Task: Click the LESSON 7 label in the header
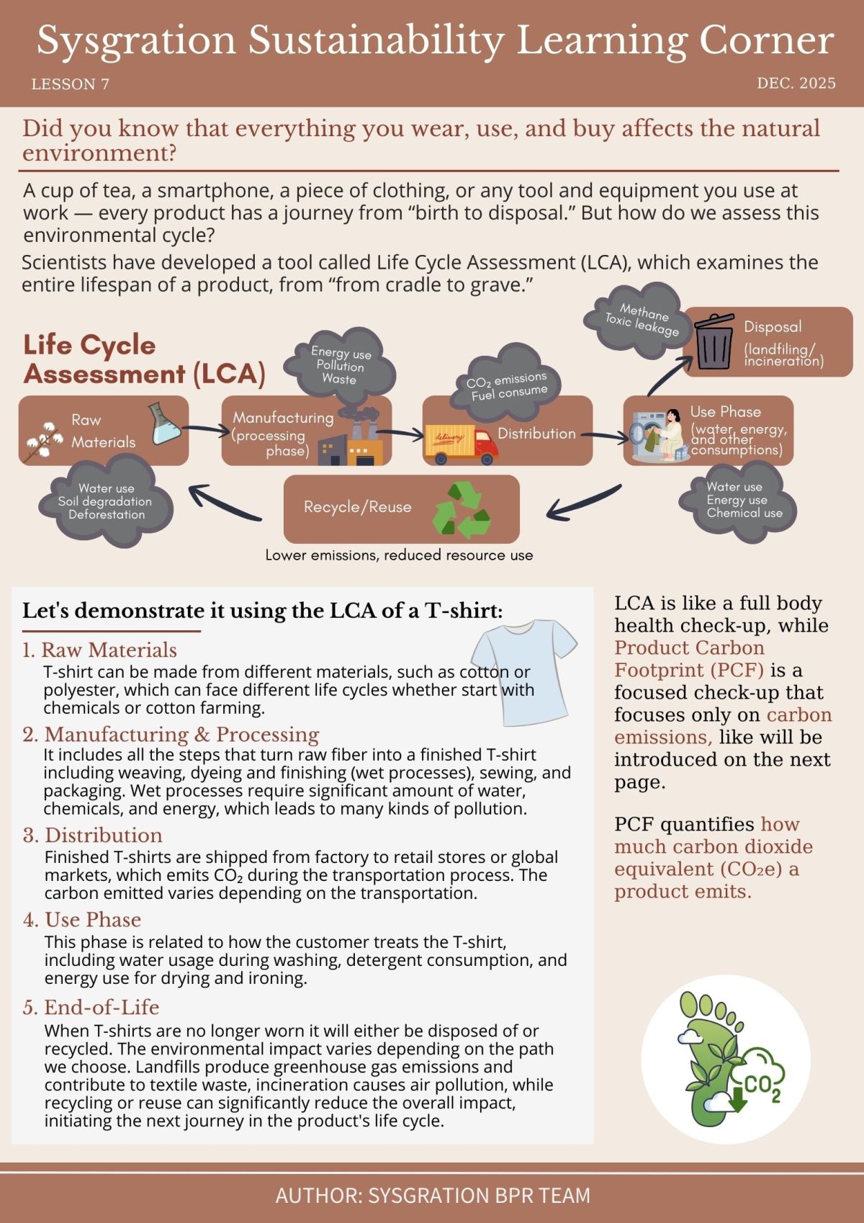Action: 70,84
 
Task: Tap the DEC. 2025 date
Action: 796,84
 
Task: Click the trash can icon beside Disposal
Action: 714,341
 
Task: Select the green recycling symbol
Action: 461,511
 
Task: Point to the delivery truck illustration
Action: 462,443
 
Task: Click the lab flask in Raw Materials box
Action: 165,424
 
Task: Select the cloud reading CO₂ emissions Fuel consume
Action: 508,385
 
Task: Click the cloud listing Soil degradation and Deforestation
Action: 107,502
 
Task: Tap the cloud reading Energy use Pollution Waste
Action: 341,365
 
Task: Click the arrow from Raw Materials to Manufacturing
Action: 205,431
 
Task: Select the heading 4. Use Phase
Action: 81,920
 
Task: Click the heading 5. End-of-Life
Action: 91,1007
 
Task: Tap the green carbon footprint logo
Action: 725,1059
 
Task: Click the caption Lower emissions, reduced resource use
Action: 399,555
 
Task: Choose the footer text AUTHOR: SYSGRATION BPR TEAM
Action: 432,1196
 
